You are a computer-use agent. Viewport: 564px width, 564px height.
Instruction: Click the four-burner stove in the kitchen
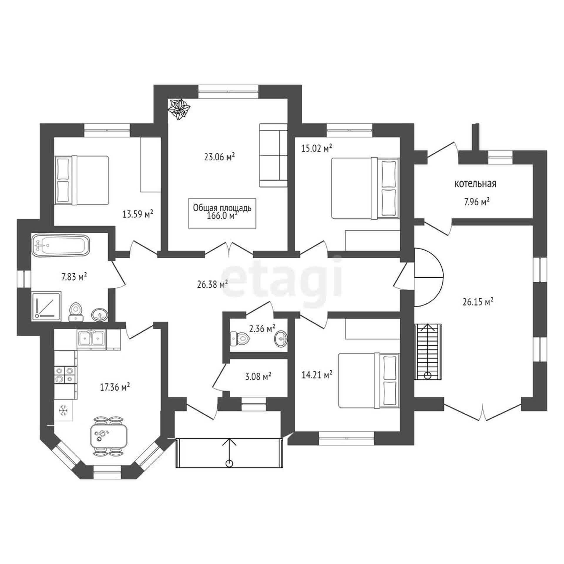[x=65, y=375]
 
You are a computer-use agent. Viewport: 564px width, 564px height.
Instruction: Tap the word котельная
[x=476, y=184]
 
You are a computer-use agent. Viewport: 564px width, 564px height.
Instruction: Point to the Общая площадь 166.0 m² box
[x=222, y=213]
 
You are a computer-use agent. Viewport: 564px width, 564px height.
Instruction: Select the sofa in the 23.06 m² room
[x=273, y=155]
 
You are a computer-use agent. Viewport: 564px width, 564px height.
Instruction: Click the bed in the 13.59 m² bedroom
[x=82, y=180]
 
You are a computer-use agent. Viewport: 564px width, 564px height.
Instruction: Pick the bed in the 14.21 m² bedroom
[x=369, y=380]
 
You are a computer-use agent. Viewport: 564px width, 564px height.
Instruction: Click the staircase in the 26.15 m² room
[x=428, y=352]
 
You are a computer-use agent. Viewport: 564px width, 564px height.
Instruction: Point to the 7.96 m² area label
[x=476, y=202]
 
